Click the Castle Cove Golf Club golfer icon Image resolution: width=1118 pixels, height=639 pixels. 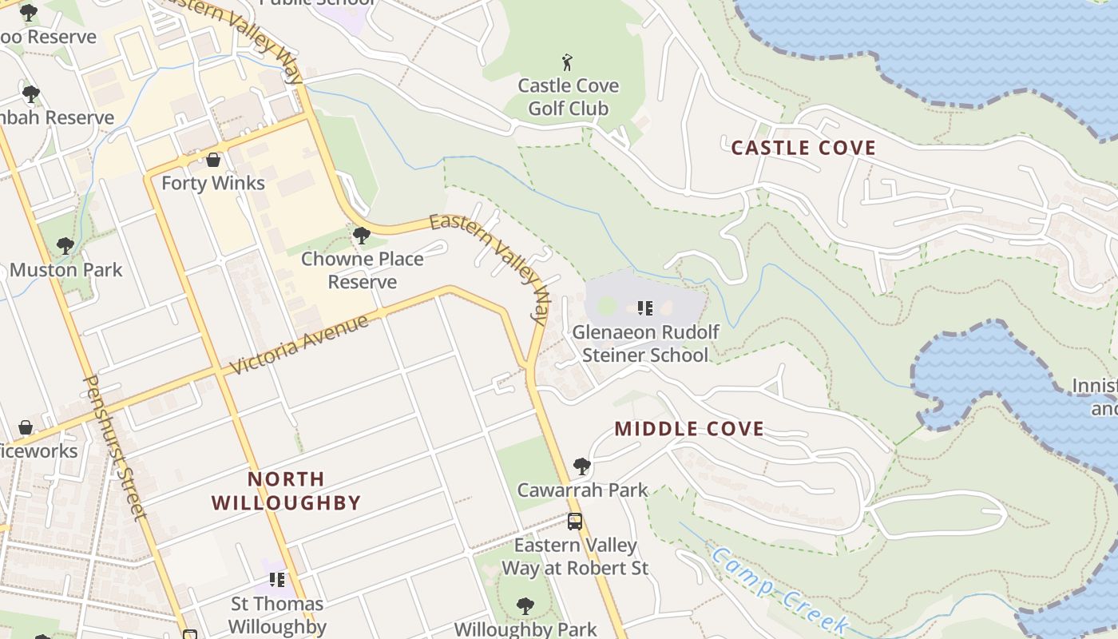(x=568, y=62)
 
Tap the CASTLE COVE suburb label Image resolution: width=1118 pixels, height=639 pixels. (x=803, y=148)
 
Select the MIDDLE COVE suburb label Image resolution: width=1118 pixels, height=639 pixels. (x=689, y=429)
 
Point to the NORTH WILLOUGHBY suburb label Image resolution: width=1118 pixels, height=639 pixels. (x=286, y=490)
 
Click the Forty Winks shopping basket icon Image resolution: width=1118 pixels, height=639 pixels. (x=213, y=160)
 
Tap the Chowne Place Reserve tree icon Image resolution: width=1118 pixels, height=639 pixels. (x=361, y=236)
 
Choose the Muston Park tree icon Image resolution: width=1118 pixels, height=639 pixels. (x=65, y=245)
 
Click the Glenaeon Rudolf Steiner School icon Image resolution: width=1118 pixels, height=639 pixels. (x=645, y=308)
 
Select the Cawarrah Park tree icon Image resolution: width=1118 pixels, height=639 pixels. (x=582, y=466)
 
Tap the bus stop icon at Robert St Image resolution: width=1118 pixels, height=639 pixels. (x=575, y=522)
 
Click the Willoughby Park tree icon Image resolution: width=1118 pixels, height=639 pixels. (x=525, y=605)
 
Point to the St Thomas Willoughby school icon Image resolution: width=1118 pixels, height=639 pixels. (x=277, y=579)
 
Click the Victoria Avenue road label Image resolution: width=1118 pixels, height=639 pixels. (x=299, y=345)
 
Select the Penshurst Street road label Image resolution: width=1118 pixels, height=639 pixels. (x=116, y=447)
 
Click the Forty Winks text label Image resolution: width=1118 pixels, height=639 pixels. (x=213, y=183)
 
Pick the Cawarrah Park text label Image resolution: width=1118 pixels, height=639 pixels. (x=582, y=490)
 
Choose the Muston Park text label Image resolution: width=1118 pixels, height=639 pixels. (x=66, y=270)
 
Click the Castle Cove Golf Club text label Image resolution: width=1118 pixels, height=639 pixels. (x=568, y=97)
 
